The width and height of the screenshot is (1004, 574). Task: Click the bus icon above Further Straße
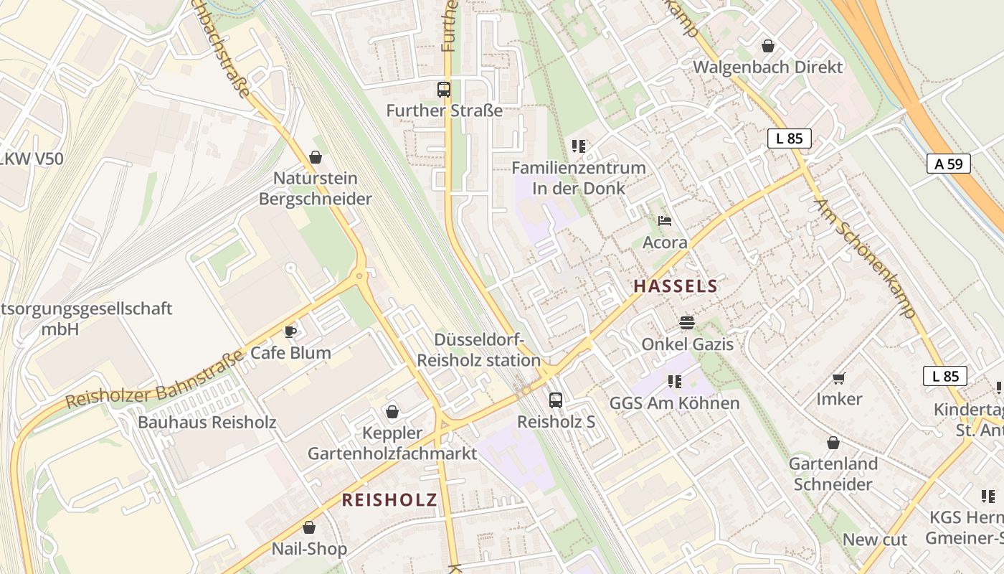(x=444, y=90)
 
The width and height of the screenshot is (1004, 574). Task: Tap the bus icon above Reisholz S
(x=556, y=400)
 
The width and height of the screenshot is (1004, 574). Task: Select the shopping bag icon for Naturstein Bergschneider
(x=316, y=156)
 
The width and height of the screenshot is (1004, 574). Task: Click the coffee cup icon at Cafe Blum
(x=290, y=331)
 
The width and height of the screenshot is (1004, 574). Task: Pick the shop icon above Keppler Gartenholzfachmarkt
(x=392, y=412)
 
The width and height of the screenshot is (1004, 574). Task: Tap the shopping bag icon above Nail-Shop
(x=309, y=527)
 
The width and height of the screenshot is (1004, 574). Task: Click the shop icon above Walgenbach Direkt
(x=768, y=46)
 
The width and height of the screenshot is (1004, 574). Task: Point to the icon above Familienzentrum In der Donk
(x=579, y=146)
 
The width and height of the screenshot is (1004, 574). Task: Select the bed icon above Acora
(x=665, y=221)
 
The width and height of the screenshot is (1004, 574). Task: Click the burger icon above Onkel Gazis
(x=687, y=323)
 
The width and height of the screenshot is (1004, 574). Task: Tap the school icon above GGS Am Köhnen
(x=674, y=382)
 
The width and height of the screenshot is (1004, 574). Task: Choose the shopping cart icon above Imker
(x=839, y=377)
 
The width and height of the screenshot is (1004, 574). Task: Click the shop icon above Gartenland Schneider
(x=833, y=443)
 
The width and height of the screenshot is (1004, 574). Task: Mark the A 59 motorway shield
(x=948, y=164)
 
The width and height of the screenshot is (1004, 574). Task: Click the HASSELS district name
(x=675, y=286)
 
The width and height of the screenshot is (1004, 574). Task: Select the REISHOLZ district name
(x=389, y=500)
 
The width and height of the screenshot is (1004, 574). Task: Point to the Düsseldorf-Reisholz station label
(x=479, y=350)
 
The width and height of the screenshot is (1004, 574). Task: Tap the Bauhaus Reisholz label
(x=207, y=422)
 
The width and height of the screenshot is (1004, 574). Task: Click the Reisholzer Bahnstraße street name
(x=153, y=381)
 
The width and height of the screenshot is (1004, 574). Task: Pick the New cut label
(x=874, y=540)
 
